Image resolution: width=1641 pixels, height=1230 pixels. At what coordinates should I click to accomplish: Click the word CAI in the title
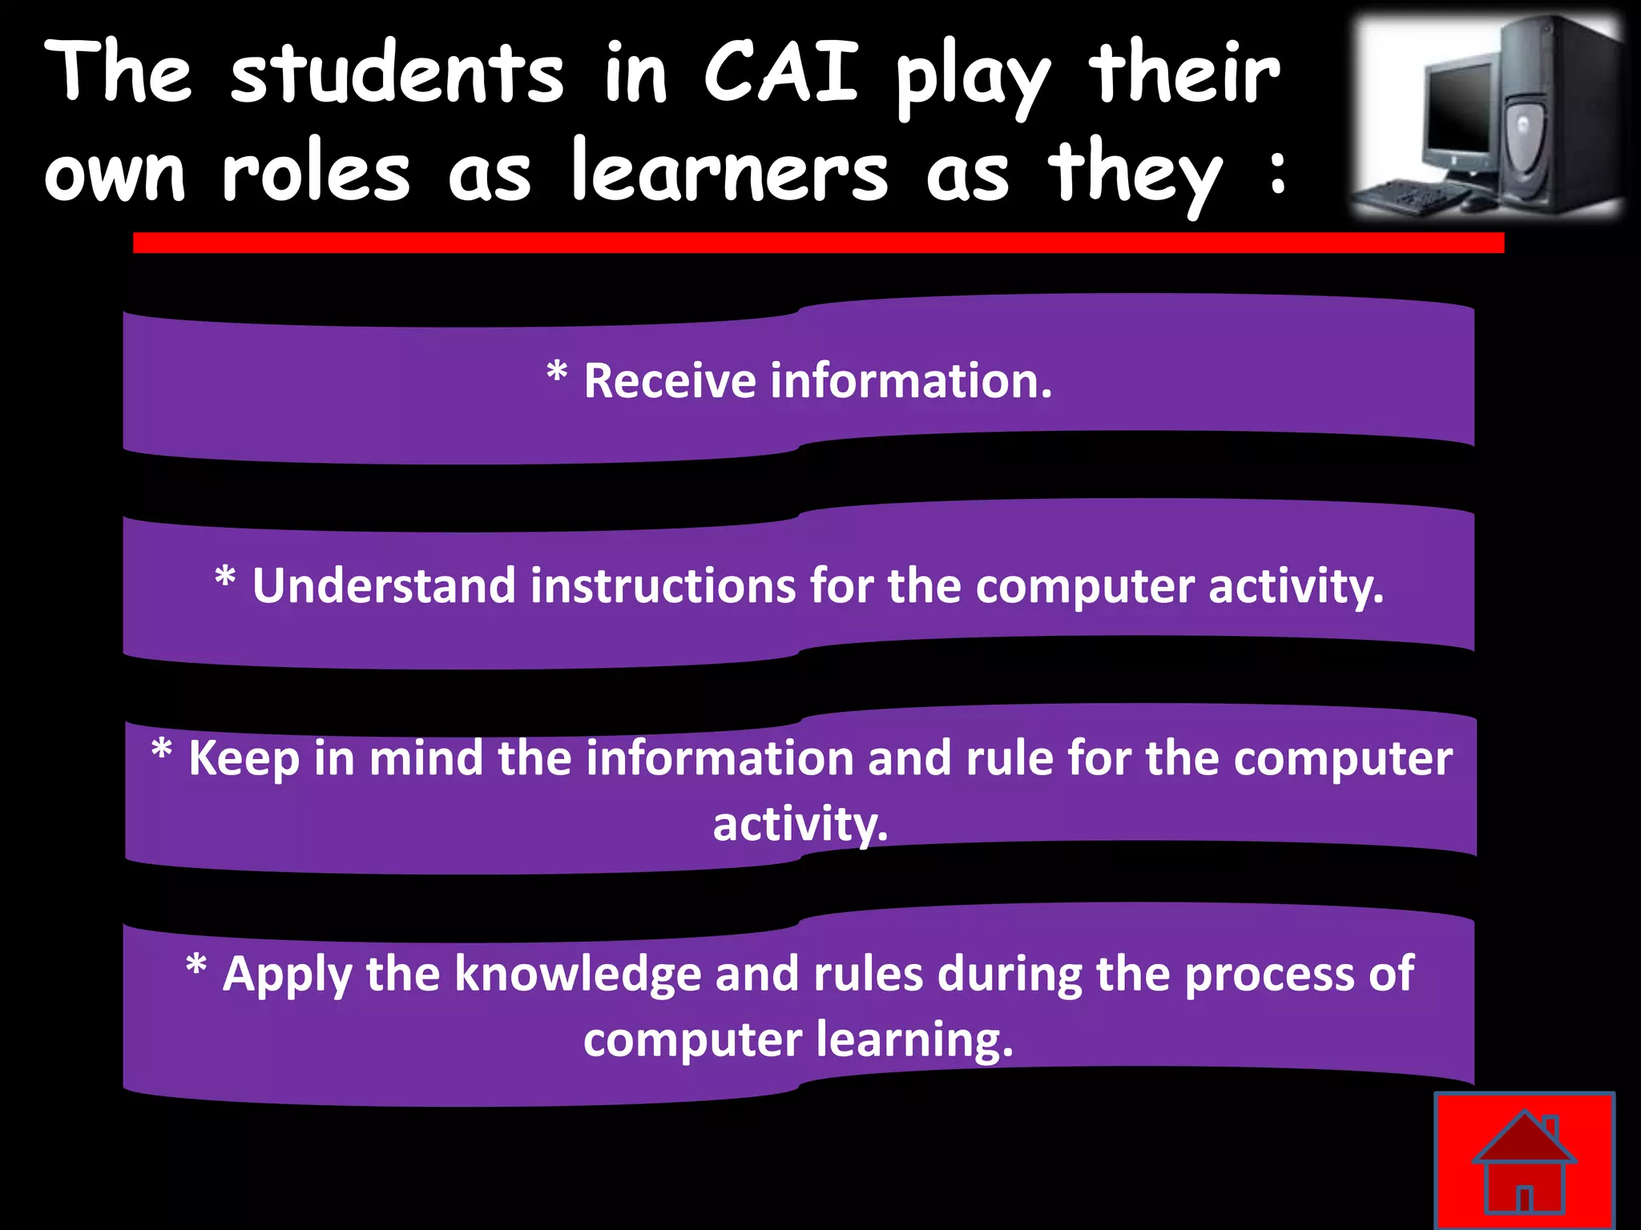pyautogui.click(x=781, y=74)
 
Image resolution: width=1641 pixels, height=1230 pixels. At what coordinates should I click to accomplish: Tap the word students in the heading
pyautogui.click(x=397, y=74)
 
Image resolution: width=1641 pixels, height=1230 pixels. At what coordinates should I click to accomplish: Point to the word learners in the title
pyautogui.click(x=729, y=173)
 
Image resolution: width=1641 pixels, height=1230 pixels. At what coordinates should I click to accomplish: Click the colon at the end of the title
pyautogui.click(x=1277, y=172)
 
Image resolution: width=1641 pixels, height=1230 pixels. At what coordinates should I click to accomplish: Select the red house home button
pyautogui.click(x=1524, y=1162)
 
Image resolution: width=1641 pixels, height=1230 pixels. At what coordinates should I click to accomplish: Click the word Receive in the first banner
pyautogui.click(x=670, y=380)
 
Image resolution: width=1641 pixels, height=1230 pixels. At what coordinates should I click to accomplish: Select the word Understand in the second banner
pyautogui.click(x=384, y=585)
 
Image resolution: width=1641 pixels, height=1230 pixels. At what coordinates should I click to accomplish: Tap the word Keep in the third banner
pyautogui.click(x=244, y=758)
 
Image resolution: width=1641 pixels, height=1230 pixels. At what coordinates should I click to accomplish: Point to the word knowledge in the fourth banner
pyautogui.click(x=579, y=975)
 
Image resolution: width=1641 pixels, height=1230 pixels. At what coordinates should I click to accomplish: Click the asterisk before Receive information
pyautogui.click(x=557, y=373)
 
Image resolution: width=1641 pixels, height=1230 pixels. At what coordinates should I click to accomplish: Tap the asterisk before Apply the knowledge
pyautogui.click(x=196, y=967)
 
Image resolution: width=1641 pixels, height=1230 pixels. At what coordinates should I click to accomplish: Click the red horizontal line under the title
pyautogui.click(x=817, y=243)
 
